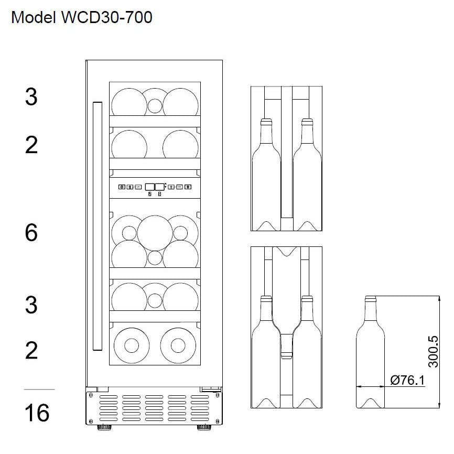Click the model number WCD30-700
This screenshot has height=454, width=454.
[x=106, y=17]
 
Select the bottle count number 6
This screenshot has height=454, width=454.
[x=31, y=232]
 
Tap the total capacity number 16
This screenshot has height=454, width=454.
[x=37, y=413]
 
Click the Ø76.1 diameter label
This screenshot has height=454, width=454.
[x=407, y=380]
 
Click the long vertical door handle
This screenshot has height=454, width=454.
[x=96, y=225]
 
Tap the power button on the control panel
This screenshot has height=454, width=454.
[x=122, y=187]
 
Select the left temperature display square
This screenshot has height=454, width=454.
[x=150, y=186]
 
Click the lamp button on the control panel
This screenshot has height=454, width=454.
[x=188, y=187]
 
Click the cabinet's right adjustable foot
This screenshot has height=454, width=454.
[x=202, y=428]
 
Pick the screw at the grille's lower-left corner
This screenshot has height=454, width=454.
[x=92, y=421]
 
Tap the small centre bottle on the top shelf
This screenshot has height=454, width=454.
[x=155, y=106]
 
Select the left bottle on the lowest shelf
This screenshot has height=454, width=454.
[x=130, y=344]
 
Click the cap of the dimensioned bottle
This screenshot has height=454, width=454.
[x=371, y=299]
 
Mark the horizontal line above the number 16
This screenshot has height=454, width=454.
[x=39, y=390]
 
